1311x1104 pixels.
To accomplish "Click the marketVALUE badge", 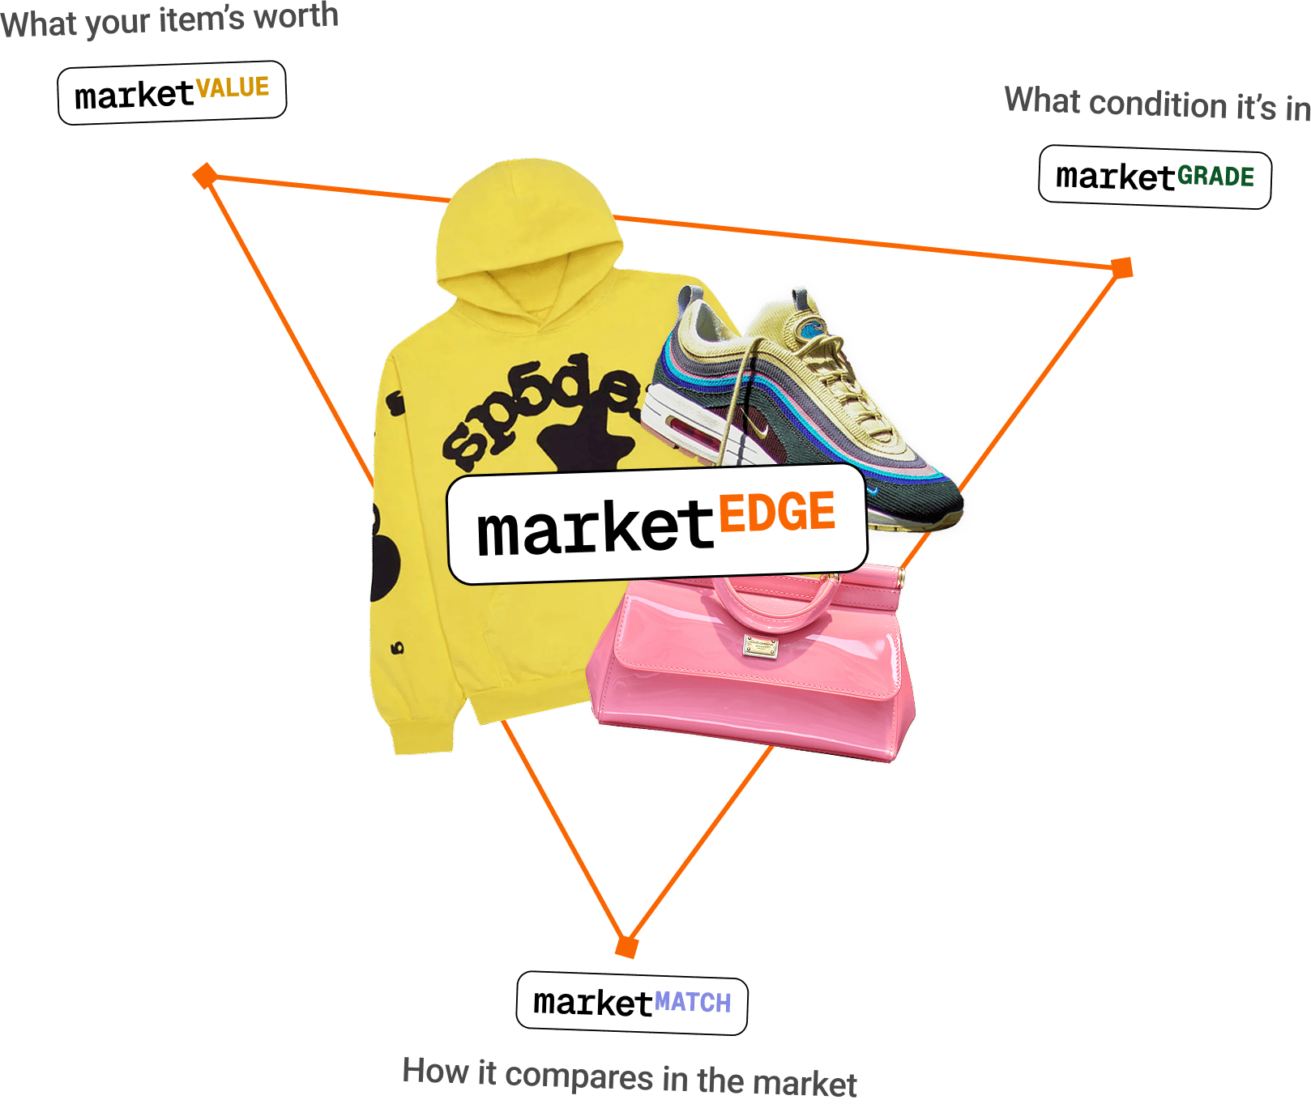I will (172, 93).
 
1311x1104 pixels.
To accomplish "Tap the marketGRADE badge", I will (1155, 177).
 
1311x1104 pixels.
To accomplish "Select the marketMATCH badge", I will (632, 1003).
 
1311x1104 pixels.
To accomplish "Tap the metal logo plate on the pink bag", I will (760, 646).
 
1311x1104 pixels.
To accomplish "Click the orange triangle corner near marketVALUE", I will (205, 175).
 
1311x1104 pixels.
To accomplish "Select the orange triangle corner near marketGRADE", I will (1121, 267).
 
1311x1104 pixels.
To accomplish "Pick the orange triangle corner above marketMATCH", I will (626, 946).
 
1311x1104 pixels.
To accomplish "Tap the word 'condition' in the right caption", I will (1158, 104).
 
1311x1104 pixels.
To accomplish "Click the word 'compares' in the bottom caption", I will (579, 1076).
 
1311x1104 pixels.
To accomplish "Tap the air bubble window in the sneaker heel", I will (685, 426).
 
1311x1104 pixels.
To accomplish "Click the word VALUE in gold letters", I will (233, 87).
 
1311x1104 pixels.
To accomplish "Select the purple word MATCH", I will (693, 1003).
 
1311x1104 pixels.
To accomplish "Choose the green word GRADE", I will (1215, 177).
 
